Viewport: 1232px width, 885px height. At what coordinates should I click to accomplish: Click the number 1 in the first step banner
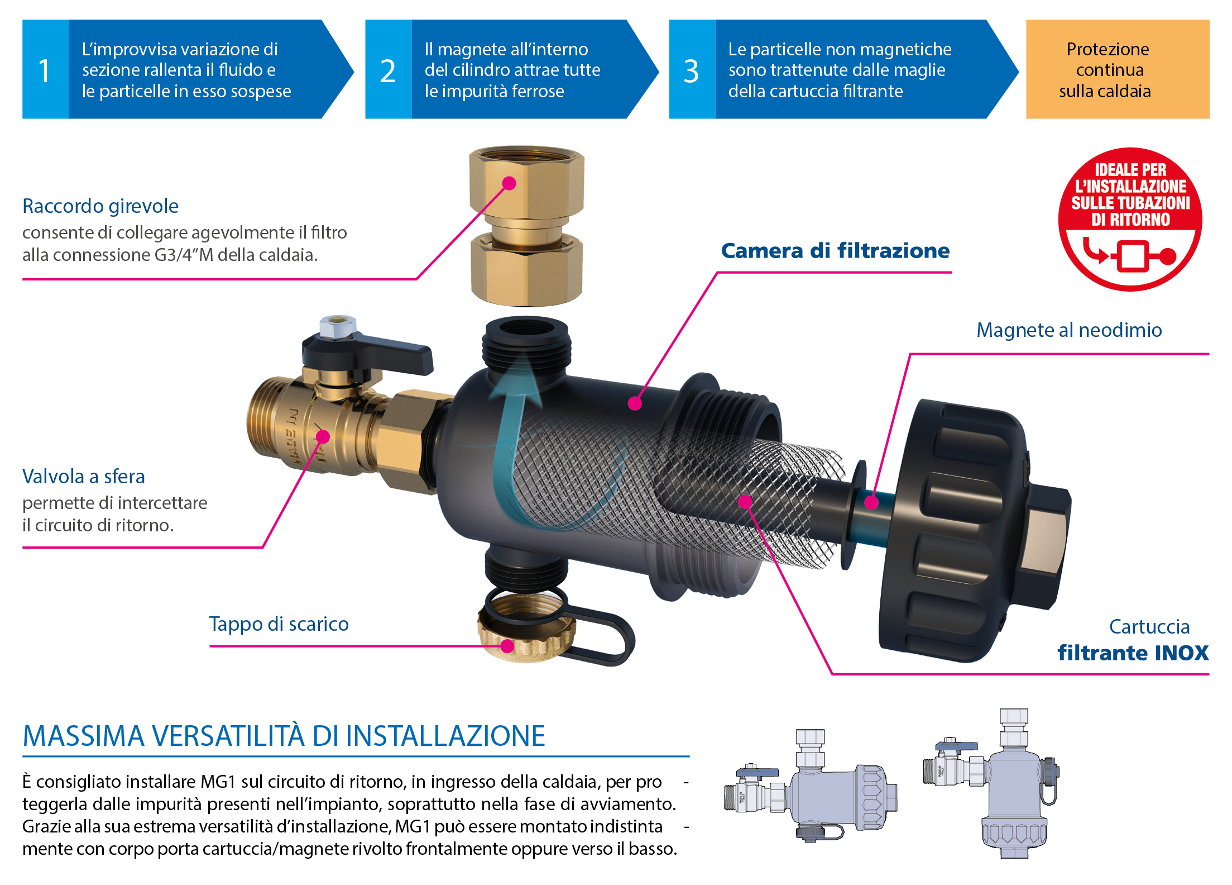tap(44, 71)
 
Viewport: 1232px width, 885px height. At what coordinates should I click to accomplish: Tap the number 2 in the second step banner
tap(387, 71)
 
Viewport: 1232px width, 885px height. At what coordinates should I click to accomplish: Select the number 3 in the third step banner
tap(691, 71)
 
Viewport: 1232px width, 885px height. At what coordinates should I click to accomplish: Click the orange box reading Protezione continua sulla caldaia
tap(1116, 69)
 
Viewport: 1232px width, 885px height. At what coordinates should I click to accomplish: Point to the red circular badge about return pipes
tap(1130, 219)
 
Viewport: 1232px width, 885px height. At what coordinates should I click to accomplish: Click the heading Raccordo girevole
tap(100, 206)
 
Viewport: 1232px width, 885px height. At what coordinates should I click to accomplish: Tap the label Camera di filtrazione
tap(835, 251)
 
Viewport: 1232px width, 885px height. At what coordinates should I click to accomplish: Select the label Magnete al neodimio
tap(1069, 330)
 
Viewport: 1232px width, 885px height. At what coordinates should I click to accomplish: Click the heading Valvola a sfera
tap(84, 477)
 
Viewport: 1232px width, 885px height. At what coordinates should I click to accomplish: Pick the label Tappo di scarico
tap(279, 624)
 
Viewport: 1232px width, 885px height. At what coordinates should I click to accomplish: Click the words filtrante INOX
tap(1133, 653)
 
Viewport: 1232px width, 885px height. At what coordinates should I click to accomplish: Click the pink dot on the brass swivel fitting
tap(509, 183)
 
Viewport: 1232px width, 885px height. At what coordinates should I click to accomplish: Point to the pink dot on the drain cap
tap(507, 646)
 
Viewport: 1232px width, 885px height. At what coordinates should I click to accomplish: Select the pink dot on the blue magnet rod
tap(871, 502)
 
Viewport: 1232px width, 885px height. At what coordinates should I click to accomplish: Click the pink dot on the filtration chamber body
tap(635, 403)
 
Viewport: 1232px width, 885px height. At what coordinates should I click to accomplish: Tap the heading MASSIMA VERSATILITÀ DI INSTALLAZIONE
tap(284, 736)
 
